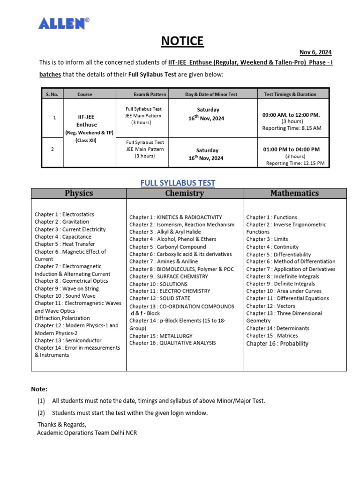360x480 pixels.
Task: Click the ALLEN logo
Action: [x=64, y=23]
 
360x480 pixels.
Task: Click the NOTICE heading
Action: [x=182, y=41]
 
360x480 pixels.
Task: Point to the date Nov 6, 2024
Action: [x=316, y=52]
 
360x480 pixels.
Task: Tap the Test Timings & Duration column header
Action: [x=290, y=94]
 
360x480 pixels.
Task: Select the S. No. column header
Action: [x=52, y=94]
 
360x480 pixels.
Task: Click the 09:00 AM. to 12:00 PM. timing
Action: [x=291, y=114]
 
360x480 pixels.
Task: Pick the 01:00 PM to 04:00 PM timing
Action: [x=291, y=149]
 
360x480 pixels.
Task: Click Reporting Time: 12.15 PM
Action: [x=295, y=163]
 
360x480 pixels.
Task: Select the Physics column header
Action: [x=79, y=193]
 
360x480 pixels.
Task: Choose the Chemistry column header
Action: [x=184, y=193]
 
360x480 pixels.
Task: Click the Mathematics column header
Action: [x=294, y=193]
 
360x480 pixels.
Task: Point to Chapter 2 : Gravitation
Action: [x=61, y=222]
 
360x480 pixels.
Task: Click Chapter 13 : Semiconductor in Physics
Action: [x=68, y=340]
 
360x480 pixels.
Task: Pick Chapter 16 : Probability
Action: [x=277, y=344]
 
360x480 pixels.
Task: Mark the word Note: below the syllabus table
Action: [x=39, y=389]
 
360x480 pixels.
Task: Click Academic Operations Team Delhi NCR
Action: [x=87, y=433]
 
